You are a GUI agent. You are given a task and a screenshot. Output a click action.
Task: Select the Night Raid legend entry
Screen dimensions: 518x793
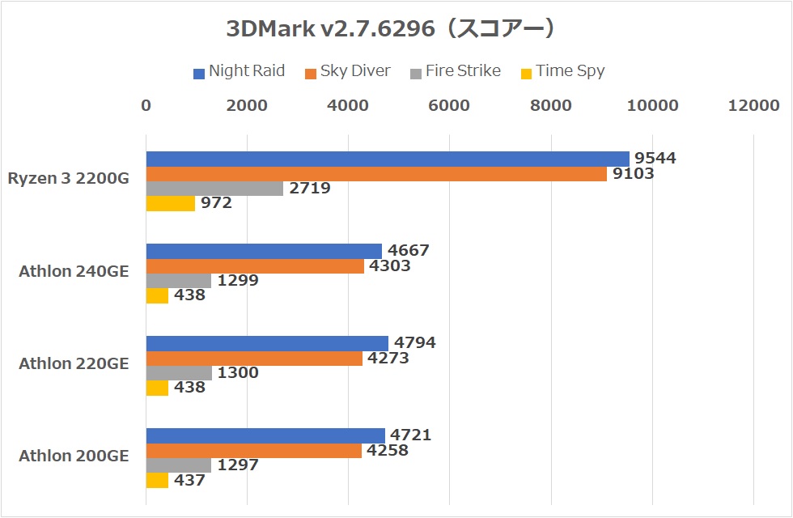pos(240,71)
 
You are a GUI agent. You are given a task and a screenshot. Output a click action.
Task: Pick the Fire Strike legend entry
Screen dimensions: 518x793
pos(456,71)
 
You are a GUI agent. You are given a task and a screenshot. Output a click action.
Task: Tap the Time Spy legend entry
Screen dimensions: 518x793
pos(562,71)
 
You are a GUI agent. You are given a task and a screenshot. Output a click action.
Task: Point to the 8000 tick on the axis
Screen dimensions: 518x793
pos(551,105)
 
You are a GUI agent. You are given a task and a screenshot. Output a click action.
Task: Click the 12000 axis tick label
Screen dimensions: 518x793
pos(753,105)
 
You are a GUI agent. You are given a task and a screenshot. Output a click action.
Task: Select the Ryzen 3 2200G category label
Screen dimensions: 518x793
pos(69,179)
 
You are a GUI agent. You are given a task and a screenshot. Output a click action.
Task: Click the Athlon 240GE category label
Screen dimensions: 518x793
pos(74,271)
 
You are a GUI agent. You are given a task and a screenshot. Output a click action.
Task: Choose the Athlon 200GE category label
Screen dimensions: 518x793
pos(74,456)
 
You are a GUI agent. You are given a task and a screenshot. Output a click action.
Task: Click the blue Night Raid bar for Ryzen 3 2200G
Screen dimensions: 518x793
pos(387,159)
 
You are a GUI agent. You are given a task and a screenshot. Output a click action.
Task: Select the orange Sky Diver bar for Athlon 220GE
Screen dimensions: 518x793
pos(254,358)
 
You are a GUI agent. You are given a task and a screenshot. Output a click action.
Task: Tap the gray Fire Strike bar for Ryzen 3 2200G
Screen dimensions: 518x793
pos(214,188)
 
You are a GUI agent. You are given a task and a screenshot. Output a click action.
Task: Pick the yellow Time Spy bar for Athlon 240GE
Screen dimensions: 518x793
pos(157,295)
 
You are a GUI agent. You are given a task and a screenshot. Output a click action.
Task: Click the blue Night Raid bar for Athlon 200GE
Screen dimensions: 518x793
pos(265,435)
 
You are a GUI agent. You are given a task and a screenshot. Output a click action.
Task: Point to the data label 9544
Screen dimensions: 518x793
pos(656,159)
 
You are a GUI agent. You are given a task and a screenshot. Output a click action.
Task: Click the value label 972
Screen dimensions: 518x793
pos(217,203)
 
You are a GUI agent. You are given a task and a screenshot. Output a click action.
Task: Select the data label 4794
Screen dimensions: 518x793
pos(415,343)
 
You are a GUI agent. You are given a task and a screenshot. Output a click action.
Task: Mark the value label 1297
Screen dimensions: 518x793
pos(239,465)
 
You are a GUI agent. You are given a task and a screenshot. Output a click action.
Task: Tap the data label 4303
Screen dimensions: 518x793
pos(390,265)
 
